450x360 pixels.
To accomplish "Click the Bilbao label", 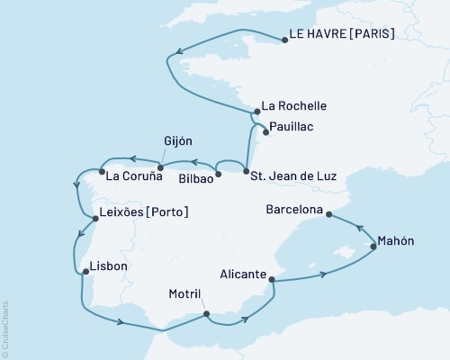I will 195,178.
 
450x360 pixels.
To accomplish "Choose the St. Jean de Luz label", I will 293,176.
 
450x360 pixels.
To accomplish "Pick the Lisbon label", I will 110,267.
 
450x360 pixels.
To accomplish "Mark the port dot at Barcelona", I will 328,214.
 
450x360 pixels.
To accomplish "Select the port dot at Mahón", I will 373,246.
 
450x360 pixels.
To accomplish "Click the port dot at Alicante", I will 271,281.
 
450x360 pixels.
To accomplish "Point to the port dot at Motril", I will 206,314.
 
